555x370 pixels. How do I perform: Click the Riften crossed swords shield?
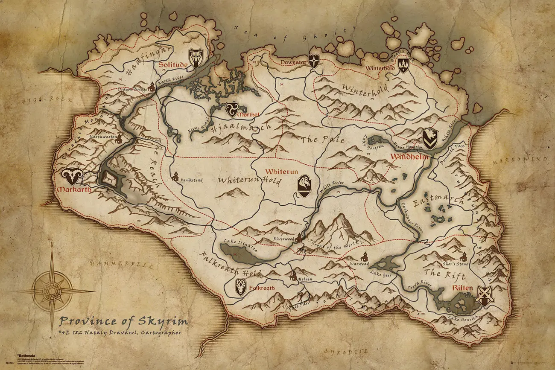pos(485,296)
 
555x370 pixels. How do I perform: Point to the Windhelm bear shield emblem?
pos(429,139)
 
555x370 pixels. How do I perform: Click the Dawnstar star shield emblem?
pos(314,61)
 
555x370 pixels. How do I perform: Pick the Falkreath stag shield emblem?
pos(241,287)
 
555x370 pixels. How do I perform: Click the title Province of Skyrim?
pos(123,321)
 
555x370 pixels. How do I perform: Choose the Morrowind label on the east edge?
pos(520,160)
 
